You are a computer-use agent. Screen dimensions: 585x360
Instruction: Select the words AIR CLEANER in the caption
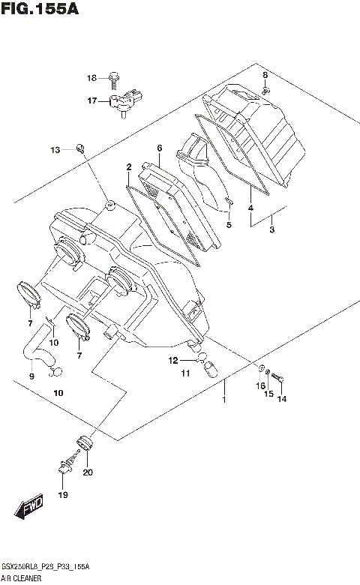click(22, 579)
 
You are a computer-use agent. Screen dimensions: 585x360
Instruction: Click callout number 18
click(92, 78)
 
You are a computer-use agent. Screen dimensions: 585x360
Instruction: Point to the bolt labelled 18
click(113, 76)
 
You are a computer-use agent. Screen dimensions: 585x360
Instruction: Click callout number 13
click(55, 151)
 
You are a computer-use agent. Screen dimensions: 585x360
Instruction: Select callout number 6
click(159, 148)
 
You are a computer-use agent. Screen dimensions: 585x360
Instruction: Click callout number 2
click(129, 166)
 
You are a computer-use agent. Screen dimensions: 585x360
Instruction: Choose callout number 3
click(273, 229)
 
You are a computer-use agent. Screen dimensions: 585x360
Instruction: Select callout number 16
click(261, 385)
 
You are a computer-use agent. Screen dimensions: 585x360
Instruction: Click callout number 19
click(63, 494)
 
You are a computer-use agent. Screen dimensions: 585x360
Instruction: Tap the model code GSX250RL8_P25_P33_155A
click(45, 568)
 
